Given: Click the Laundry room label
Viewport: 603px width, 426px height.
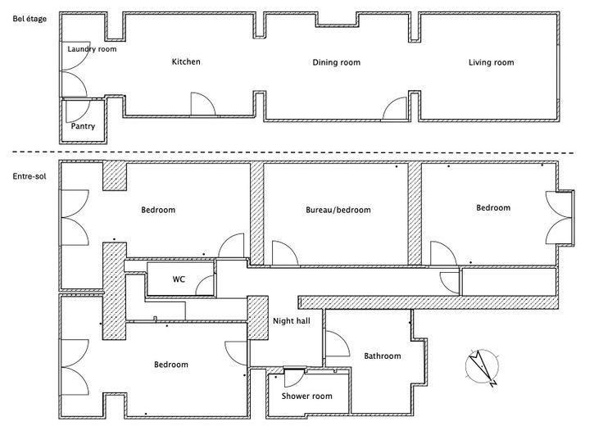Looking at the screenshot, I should (92, 49).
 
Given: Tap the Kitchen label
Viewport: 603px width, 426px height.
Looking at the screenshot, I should (186, 61).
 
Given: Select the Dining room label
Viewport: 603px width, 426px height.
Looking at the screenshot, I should (337, 62).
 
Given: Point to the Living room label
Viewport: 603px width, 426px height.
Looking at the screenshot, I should (491, 62).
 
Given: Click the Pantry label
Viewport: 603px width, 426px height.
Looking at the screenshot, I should (83, 126).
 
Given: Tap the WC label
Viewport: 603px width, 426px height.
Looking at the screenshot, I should (179, 279).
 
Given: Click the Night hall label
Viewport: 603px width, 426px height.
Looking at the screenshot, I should (291, 321).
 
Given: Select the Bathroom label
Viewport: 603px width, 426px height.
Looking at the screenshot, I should (383, 356).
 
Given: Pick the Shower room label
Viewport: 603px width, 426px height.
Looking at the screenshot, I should (306, 396).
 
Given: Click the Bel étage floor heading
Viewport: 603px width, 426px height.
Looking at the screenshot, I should (29, 19).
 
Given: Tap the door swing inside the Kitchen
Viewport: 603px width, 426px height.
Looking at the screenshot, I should (202, 104).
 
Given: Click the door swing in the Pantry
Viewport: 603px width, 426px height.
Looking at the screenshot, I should (75, 110).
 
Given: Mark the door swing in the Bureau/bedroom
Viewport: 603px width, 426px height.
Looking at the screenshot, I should (283, 252).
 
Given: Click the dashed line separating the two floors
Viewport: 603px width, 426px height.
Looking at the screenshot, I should (311, 152).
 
